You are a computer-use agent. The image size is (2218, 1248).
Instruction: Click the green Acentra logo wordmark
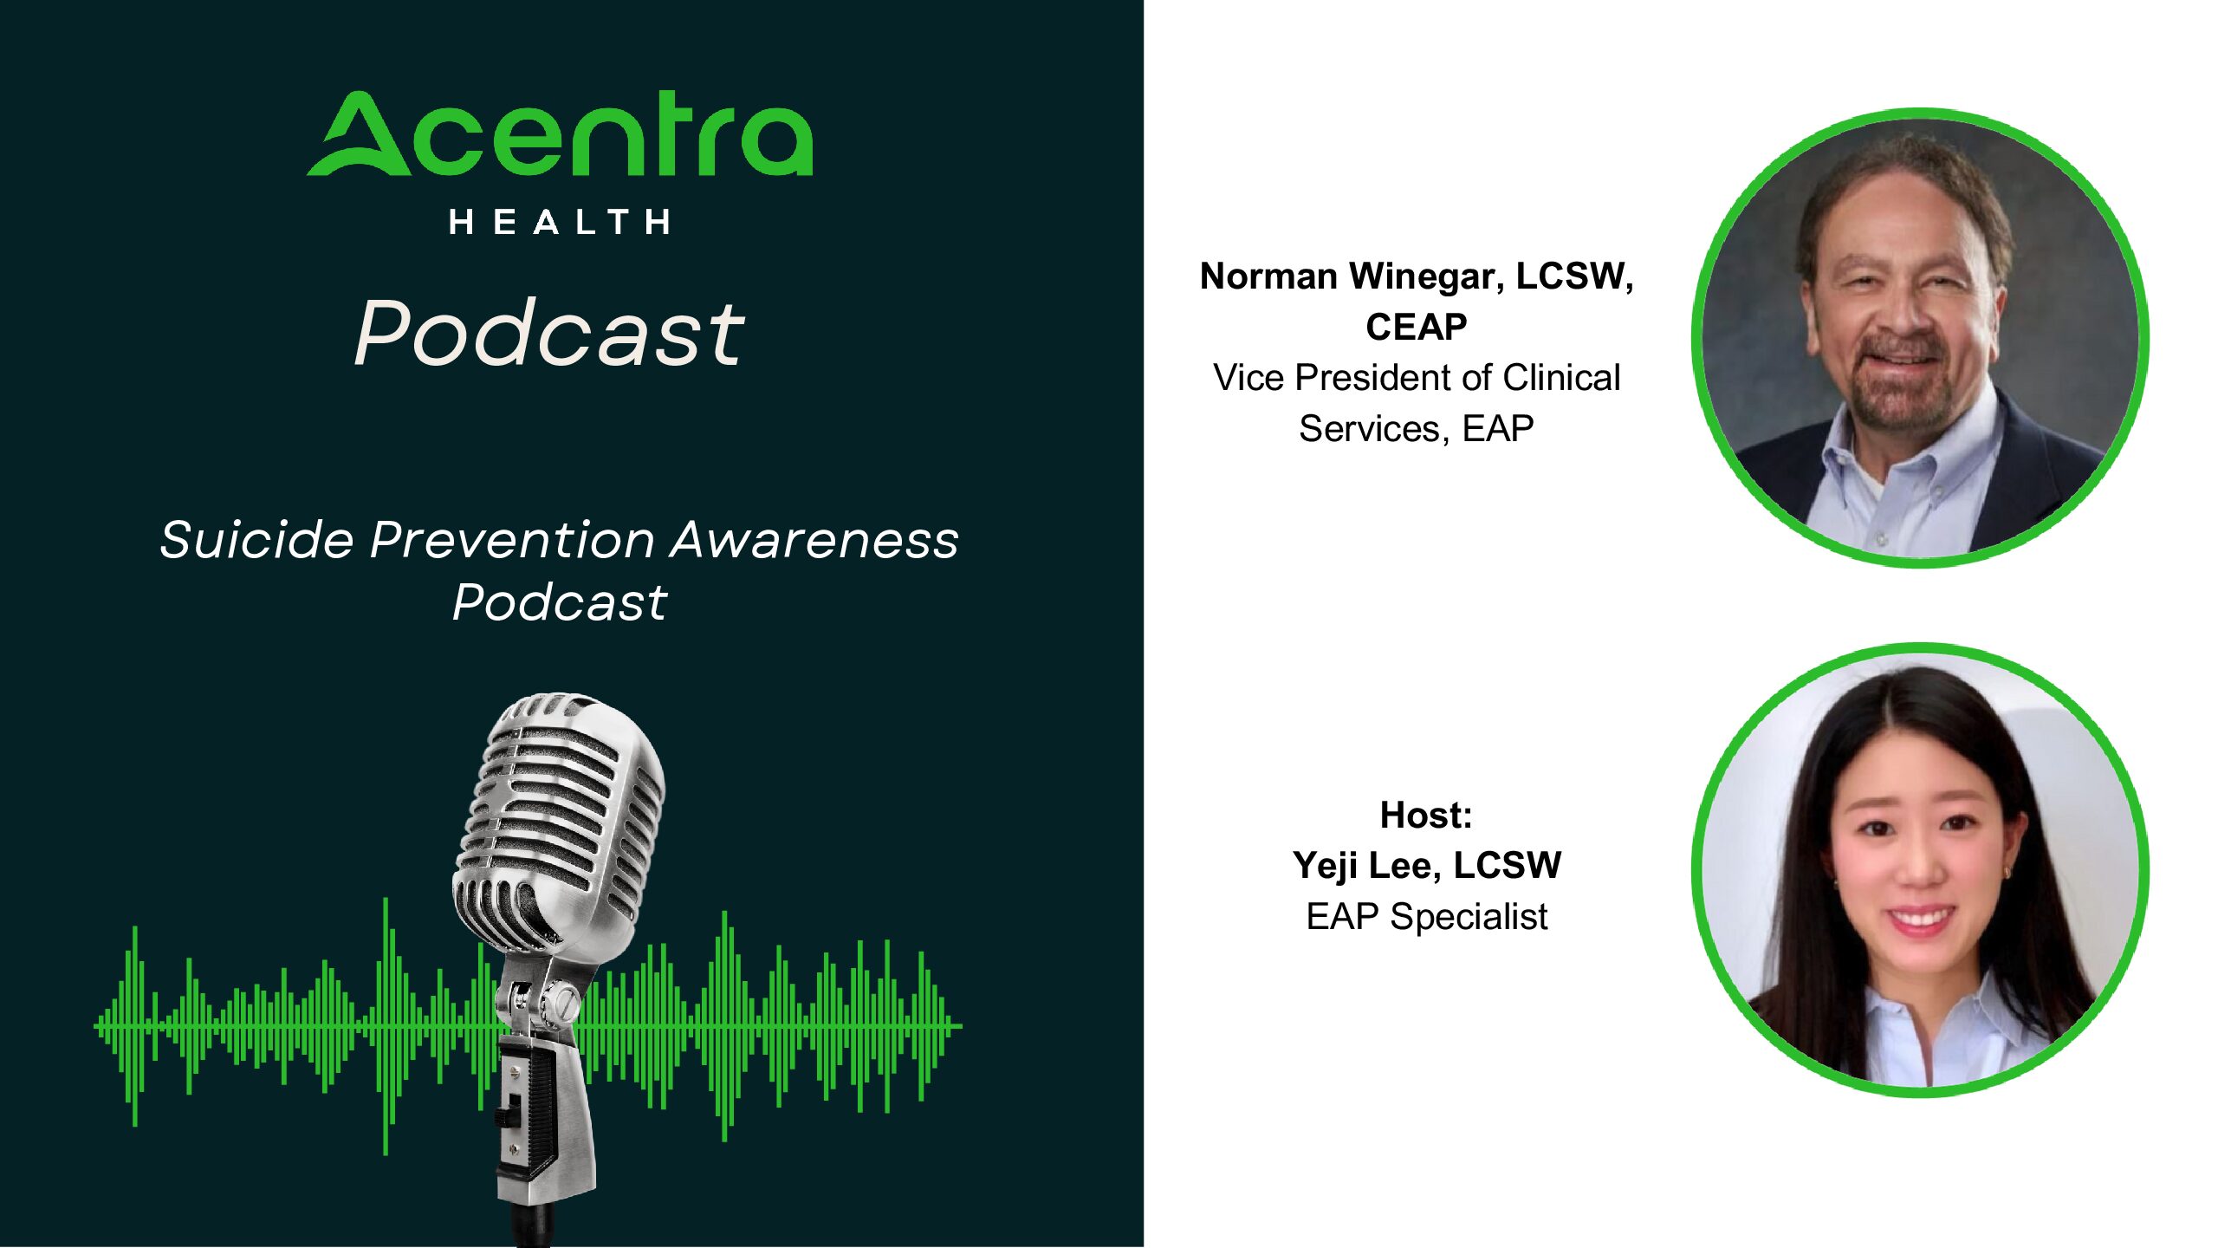point(561,133)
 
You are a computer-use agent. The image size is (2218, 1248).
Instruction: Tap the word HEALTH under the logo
point(560,222)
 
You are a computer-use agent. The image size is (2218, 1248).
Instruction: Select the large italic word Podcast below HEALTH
point(549,332)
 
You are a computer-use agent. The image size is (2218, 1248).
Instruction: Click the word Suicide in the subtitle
point(256,540)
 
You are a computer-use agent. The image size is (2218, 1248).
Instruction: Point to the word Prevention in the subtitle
point(511,540)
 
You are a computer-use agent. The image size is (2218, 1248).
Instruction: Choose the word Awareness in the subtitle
point(814,540)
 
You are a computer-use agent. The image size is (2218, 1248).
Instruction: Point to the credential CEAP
point(1417,327)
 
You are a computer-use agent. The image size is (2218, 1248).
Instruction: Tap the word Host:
point(1426,815)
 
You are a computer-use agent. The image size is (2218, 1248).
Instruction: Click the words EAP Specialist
point(1426,917)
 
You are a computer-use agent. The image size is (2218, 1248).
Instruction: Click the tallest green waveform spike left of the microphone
point(386,1027)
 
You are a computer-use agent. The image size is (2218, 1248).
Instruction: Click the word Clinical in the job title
point(1561,377)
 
